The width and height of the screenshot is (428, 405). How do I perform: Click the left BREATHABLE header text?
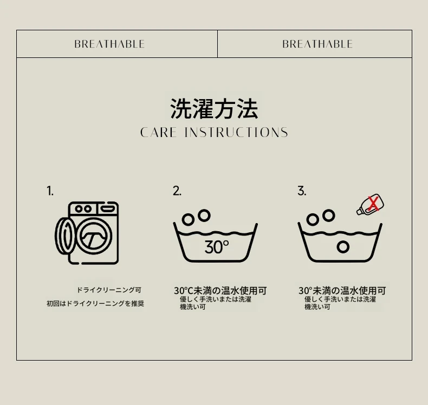pyautogui.click(x=109, y=44)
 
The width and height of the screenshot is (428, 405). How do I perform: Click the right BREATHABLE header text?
pyautogui.click(x=317, y=44)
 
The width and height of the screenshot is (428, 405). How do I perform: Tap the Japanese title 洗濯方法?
pyautogui.click(x=214, y=108)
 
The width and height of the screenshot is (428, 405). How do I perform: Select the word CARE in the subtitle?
pyautogui.click(x=158, y=133)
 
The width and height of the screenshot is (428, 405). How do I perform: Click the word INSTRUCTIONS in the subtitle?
pyautogui.click(x=236, y=133)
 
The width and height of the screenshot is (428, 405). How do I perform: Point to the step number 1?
pyautogui.click(x=50, y=191)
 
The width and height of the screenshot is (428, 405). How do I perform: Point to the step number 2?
pyautogui.click(x=177, y=191)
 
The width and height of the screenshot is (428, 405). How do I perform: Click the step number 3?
pyautogui.click(x=302, y=191)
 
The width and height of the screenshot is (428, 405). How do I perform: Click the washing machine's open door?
pyautogui.click(x=62, y=236)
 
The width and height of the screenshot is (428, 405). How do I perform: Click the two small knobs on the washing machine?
pyautogui.click(x=83, y=209)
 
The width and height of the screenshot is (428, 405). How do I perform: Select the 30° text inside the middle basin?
pyautogui.click(x=217, y=247)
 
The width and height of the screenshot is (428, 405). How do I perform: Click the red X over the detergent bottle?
pyautogui.click(x=373, y=204)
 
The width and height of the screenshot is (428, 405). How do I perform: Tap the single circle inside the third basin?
pyautogui.click(x=343, y=247)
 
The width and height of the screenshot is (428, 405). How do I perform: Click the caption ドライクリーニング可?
pyautogui.click(x=109, y=290)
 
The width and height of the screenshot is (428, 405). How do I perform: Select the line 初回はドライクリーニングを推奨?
pyautogui.click(x=95, y=304)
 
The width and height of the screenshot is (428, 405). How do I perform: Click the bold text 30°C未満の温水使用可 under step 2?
pyautogui.click(x=221, y=291)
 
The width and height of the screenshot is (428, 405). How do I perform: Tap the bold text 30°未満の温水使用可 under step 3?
pyautogui.click(x=342, y=291)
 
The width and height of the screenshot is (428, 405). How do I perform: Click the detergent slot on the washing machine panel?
pyautogui.click(x=107, y=209)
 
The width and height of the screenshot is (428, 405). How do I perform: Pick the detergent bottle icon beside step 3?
pyautogui.click(x=370, y=205)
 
